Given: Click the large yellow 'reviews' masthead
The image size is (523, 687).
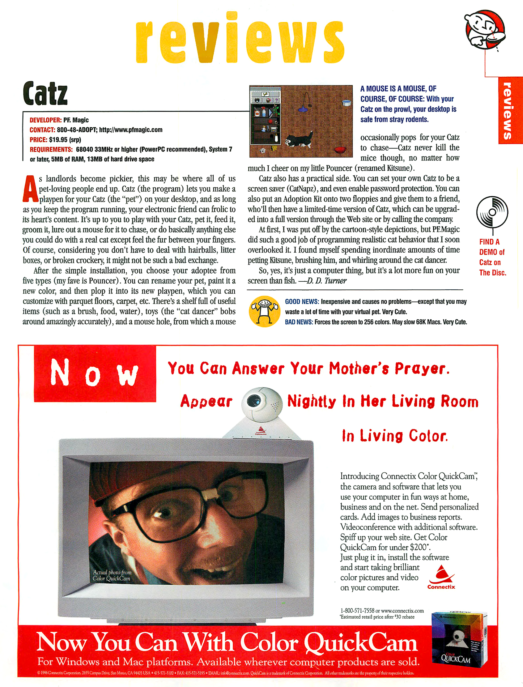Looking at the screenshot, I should [x=240, y=39].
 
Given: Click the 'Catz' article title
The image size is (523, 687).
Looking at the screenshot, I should [x=45, y=93].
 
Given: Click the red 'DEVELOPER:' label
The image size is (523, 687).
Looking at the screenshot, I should [x=45, y=120].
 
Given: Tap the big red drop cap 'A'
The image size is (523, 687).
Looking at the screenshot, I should [x=30, y=189].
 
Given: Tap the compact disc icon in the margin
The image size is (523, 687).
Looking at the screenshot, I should [x=492, y=211].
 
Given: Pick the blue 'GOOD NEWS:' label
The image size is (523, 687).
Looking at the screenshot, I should [x=302, y=301].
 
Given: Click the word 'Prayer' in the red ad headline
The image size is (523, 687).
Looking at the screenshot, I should [x=422, y=369].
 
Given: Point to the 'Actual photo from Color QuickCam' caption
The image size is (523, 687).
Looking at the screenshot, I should [x=112, y=575].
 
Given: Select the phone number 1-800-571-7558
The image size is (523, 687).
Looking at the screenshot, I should [x=357, y=611].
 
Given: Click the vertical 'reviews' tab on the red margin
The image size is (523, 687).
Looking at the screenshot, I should [x=508, y=110].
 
